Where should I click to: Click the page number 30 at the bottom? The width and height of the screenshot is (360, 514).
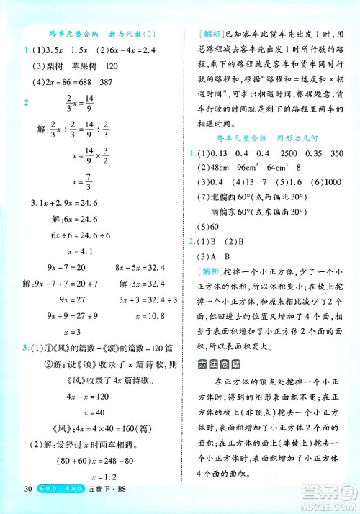tap(28, 492)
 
